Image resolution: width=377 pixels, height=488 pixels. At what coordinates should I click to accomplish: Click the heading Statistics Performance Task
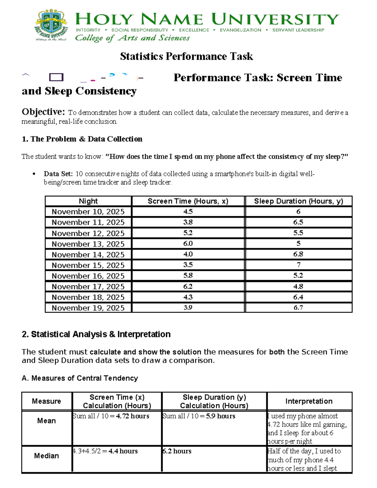click(186, 56)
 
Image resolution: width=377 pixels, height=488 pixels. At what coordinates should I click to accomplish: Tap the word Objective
click(43, 112)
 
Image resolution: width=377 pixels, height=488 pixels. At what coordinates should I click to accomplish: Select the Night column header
click(88, 201)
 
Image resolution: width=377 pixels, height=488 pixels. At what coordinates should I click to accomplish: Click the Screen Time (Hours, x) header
click(188, 201)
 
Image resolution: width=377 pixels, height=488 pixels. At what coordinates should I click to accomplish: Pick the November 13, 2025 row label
click(88, 244)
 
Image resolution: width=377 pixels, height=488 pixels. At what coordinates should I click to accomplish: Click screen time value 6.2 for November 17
click(188, 286)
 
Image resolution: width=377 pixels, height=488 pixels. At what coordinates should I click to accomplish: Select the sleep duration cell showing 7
click(298, 265)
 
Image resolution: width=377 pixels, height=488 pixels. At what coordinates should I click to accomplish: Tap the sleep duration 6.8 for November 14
click(298, 254)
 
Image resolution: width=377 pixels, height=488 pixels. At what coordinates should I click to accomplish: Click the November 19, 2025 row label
click(88, 308)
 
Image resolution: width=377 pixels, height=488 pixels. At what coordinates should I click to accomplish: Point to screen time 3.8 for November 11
click(188, 222)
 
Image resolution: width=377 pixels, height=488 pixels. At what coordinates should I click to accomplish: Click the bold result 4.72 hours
click(133, 416)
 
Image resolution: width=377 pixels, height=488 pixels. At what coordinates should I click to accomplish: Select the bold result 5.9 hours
click(221, 416)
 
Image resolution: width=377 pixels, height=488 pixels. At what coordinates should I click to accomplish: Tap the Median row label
click(46, 456)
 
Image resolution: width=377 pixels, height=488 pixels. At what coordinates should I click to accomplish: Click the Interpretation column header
click(309, 401)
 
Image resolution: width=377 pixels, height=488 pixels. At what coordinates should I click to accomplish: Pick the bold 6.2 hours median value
click(177, 451)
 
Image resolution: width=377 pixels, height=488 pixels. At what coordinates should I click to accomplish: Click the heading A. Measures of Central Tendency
click(80, 378)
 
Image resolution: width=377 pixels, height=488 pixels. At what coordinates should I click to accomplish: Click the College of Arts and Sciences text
click(132, 38)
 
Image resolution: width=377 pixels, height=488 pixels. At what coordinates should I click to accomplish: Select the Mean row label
click(46, 421)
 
